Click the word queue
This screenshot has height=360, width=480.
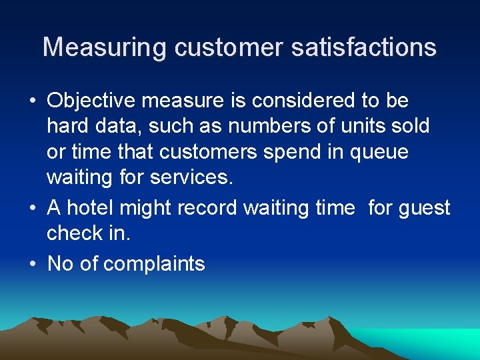pos(377,152)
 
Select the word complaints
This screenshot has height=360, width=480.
pos(154,265)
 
